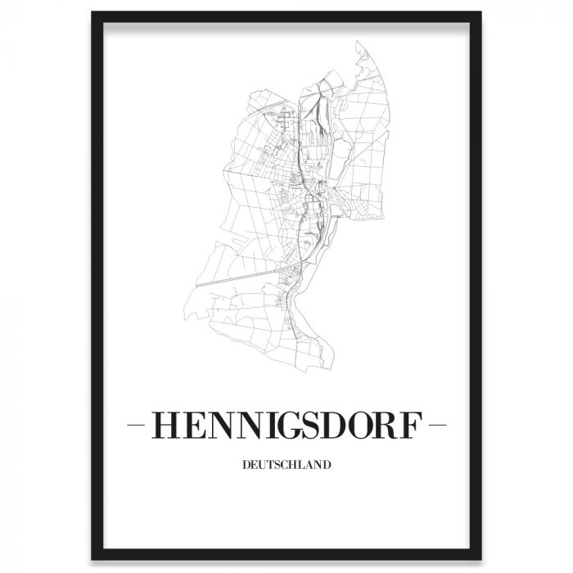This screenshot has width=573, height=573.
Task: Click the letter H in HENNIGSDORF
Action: coord(167,426)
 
